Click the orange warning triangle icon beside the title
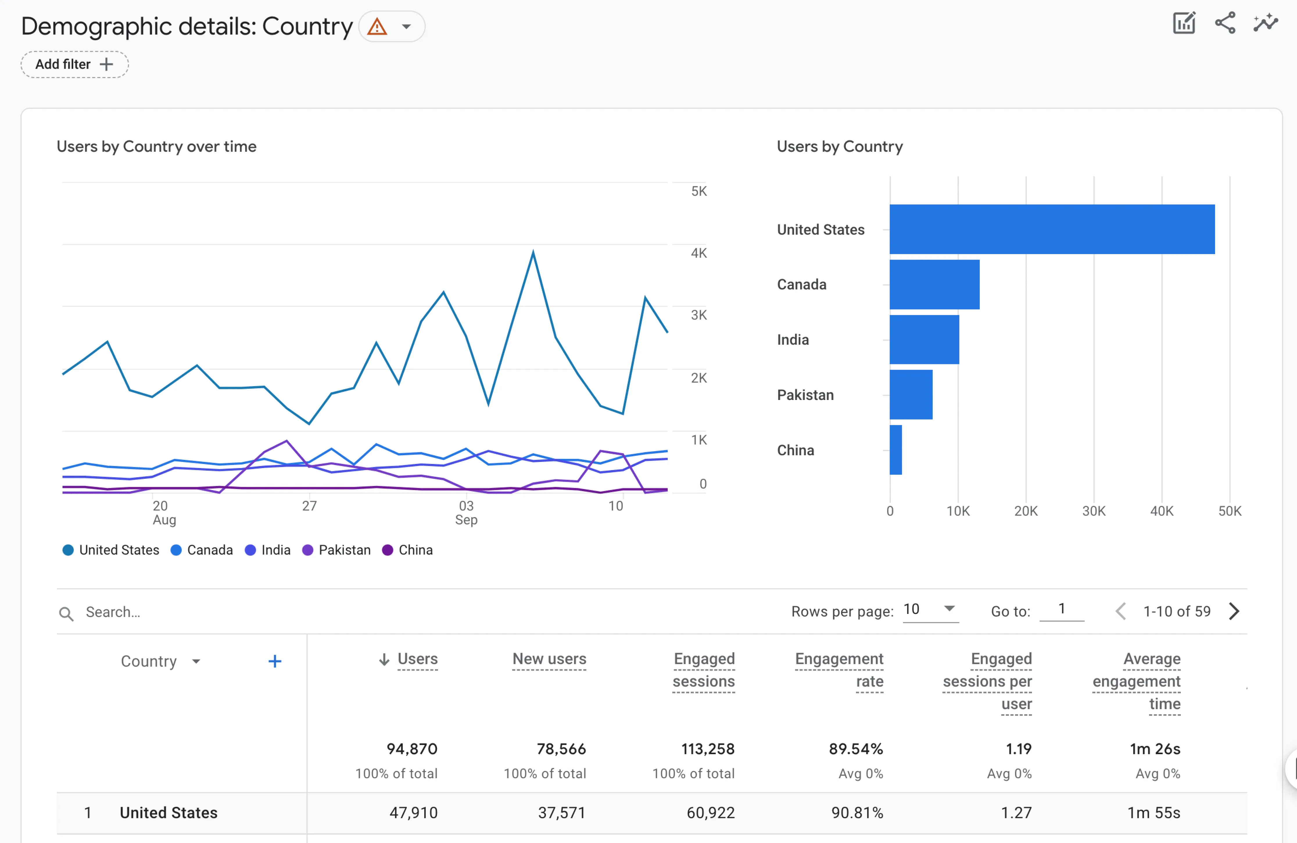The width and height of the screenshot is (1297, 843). coord(377,26)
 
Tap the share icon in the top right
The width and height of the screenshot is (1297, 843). coord(1225,23)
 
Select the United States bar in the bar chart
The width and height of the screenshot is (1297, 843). coord(1052,229)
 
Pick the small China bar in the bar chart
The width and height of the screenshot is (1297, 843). coord(895,450)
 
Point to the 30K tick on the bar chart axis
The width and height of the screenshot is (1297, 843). coord(1093,511)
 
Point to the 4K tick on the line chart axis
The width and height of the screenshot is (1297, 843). coord(699,253)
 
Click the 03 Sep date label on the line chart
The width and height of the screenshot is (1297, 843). coord(466,512)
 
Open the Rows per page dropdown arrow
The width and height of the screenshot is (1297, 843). coord(949,608)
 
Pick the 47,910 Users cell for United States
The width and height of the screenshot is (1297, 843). coord(413,812)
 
